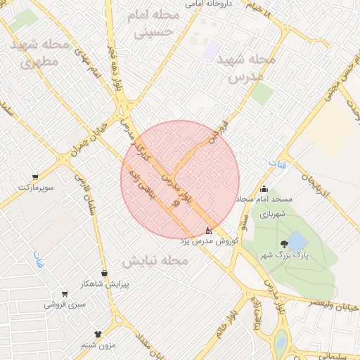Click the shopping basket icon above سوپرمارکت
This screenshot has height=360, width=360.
tap(34, 177)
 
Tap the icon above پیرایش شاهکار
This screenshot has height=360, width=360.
tap(105, 273)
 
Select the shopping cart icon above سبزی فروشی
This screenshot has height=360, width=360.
tap(65, 294)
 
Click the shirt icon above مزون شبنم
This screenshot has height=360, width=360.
tap(98, 334)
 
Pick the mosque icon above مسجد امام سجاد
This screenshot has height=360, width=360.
tap(264, 188)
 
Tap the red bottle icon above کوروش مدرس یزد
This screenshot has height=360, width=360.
tap(207, 230)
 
